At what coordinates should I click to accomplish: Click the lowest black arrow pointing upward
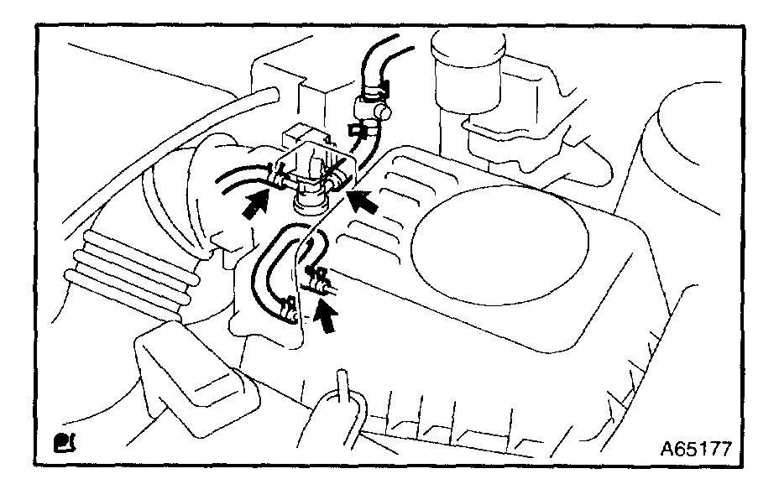click(x=331, y=317)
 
